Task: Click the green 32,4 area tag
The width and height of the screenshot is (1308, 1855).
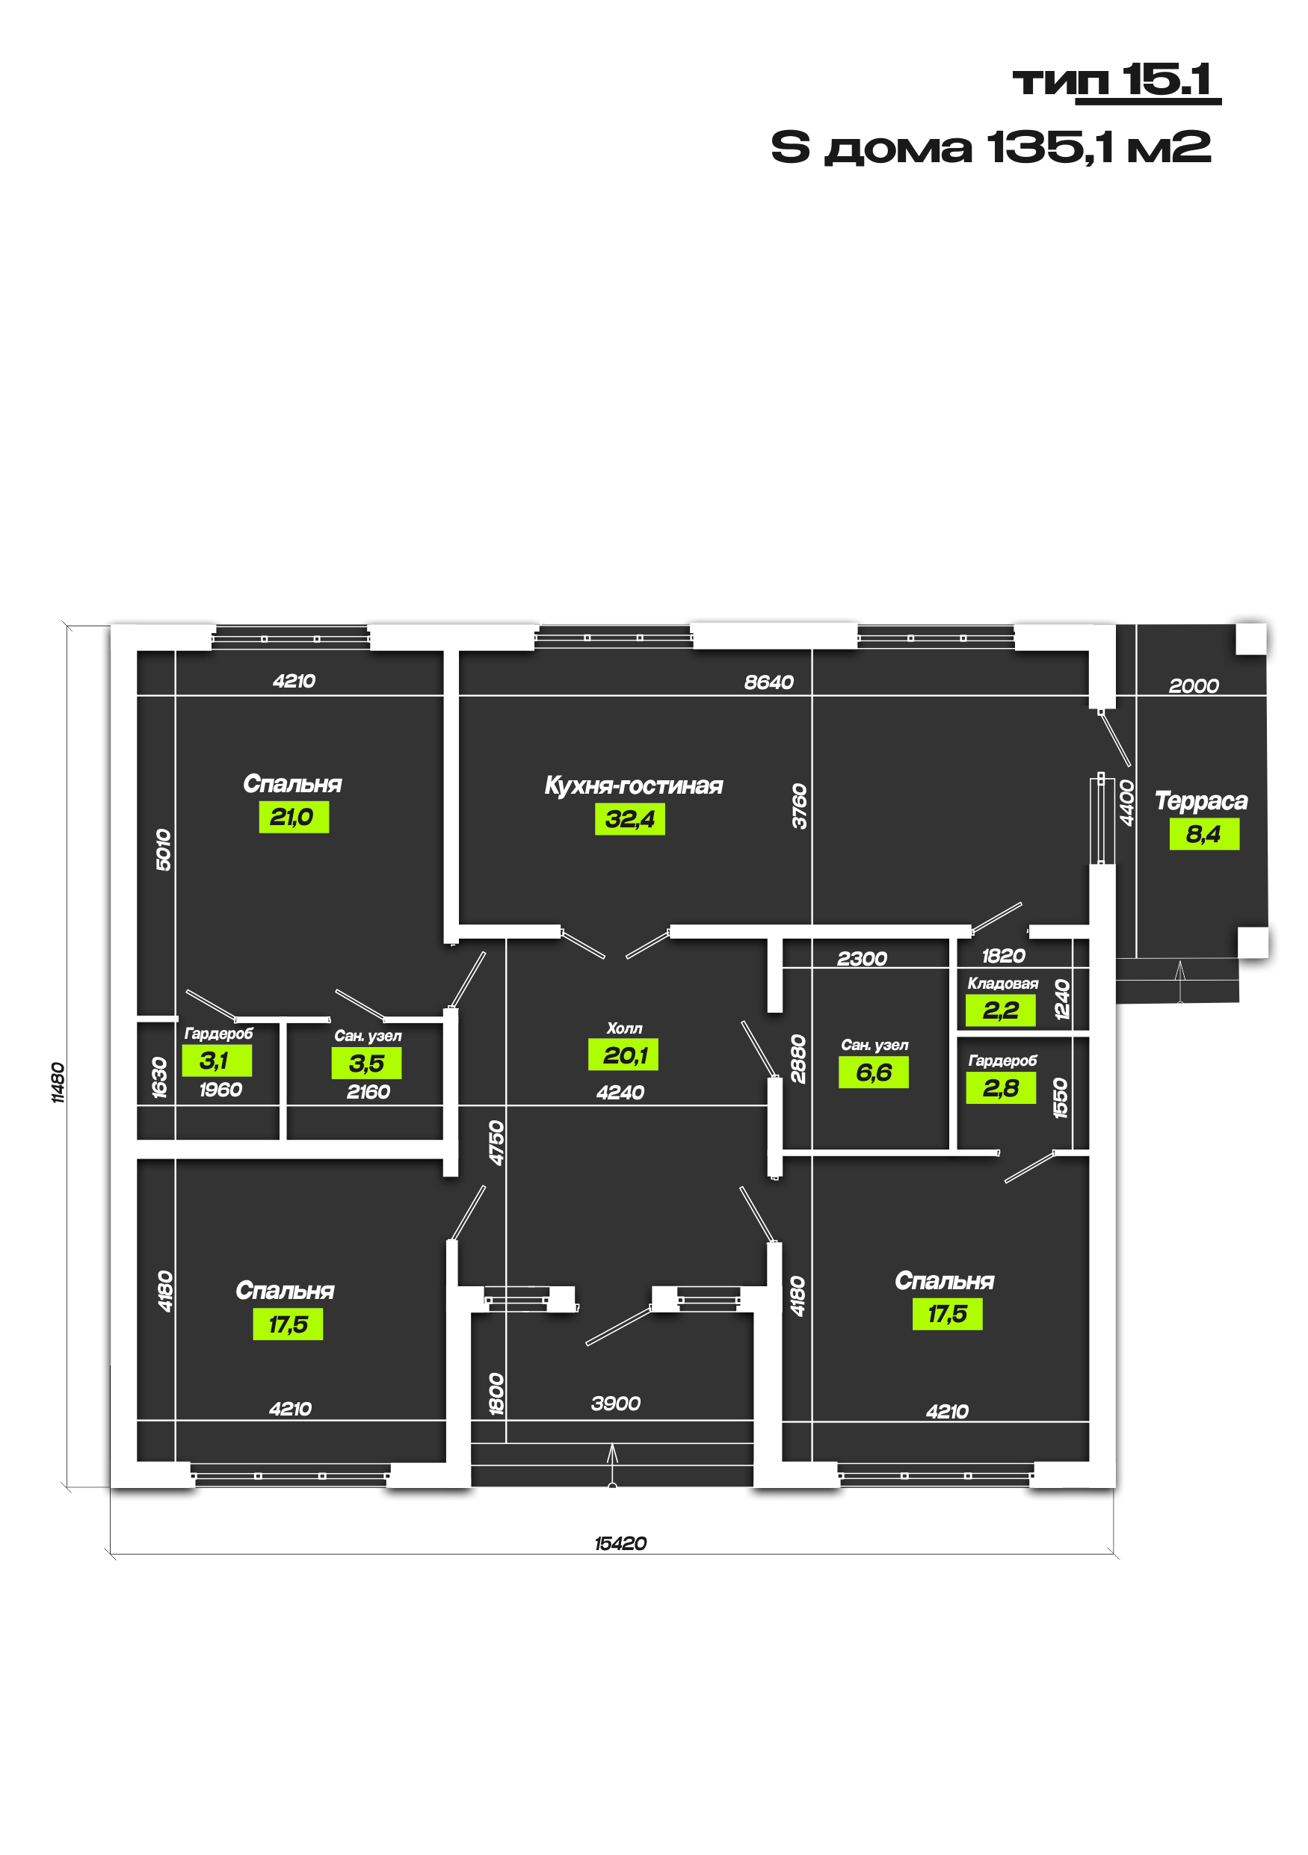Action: [x=629, y=818]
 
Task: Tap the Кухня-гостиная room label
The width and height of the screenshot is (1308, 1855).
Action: [x=633, y=785]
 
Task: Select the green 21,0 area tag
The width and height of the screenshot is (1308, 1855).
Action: [x=293, y=817]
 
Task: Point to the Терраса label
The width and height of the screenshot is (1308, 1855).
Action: [x=1200, y=800]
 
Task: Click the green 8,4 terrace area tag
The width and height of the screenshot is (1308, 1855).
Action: [x=1204, y=834]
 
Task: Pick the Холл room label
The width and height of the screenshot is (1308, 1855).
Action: [x=625, y=1028]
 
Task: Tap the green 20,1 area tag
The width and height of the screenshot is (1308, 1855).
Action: [x=623, y=1055]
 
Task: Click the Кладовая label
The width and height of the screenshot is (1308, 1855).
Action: [x=1002, y=984]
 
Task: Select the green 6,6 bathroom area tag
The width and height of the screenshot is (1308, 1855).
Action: [x=873, y=1072]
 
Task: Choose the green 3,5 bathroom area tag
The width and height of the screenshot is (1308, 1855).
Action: [x=366, y=1063]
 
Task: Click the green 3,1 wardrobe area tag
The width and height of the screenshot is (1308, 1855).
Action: [x=217, y=1060]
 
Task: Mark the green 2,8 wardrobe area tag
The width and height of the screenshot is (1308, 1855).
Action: [x=1001, y=1087]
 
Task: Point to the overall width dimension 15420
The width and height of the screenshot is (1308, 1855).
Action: [x=620, y=1543]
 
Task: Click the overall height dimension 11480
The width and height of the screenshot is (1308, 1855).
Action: [x=58, y=1083]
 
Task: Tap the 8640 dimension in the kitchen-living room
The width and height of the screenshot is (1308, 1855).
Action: [x=769, y=682]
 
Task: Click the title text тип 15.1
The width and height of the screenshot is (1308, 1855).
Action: [x=1116, y=81]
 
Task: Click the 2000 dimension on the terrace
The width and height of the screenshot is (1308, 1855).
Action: [x=1194, y=685]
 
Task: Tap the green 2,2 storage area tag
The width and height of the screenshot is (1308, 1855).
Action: [x=1000, y=1010]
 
